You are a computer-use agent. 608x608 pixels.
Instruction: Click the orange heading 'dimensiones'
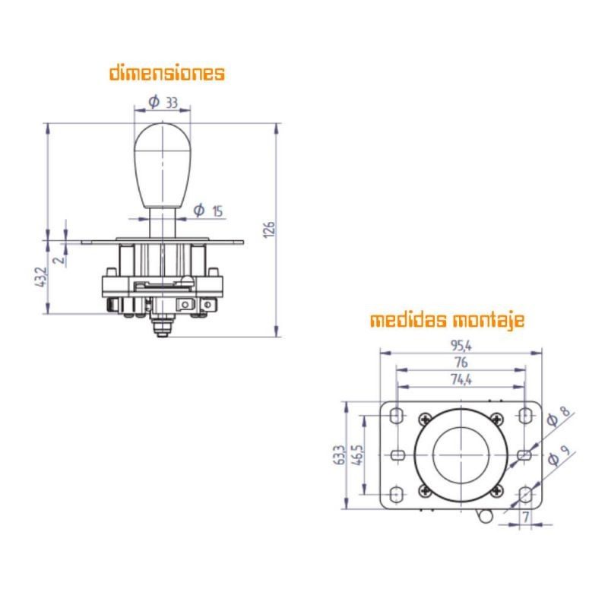[x=167, y=74]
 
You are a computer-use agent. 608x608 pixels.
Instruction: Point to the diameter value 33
[x=171, y=101]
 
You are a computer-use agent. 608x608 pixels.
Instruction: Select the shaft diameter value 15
[x=217, y=211]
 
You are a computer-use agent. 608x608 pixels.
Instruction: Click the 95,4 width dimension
[x=461, y=347]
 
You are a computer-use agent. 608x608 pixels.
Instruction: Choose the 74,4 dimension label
[x=461, y=379]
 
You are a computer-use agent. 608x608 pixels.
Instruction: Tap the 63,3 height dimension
[x=340, y=455]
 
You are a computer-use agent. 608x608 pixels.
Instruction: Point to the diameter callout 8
[x=563, y=415]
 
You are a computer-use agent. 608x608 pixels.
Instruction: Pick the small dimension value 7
[x=525, y=518]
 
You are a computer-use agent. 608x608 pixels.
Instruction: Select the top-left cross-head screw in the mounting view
[x=425, y=417]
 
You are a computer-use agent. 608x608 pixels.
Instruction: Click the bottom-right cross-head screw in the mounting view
[x=496, y=490]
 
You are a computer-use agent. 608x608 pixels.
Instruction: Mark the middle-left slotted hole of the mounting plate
[x=397, y=454]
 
